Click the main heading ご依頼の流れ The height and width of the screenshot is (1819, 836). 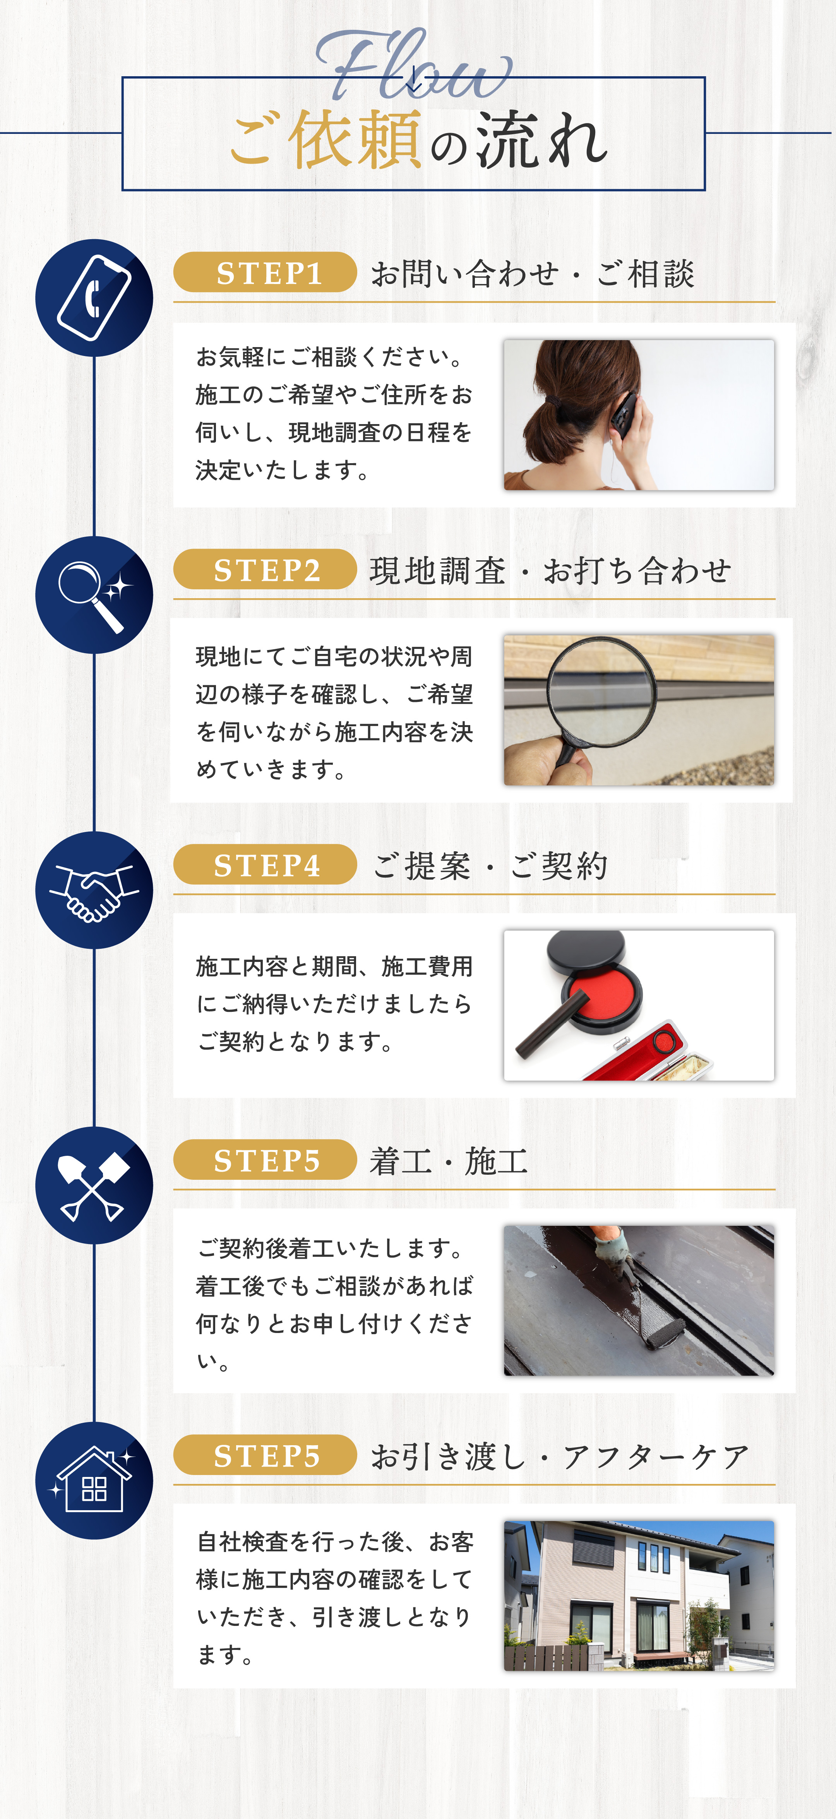(419, 140)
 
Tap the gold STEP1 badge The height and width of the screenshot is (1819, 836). (265, 272)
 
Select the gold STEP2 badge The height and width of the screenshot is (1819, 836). (265, 569)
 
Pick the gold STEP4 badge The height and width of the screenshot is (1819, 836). (265, 864)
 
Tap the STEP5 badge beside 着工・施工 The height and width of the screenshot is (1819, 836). (265, 1160)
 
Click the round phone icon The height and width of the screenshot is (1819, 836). (94, 298)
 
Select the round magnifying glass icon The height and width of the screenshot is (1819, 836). (94, 595)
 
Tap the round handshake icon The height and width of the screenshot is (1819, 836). (94, 890)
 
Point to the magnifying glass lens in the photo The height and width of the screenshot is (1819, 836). (601, 691)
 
